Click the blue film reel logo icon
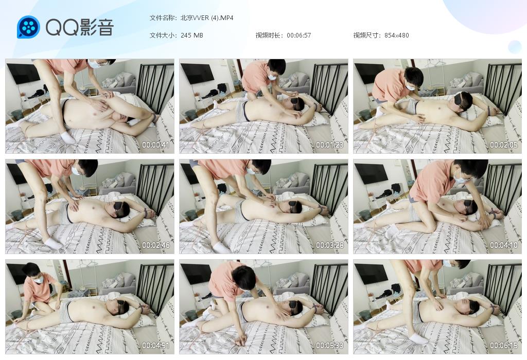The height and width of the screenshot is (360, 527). tap(29, 27)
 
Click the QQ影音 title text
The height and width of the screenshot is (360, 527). tap(80, 27)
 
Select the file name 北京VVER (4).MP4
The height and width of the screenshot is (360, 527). tap(207, 18)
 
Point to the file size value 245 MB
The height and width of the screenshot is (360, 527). tap(191, 35)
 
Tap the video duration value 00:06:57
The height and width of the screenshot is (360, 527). tap(299, 35)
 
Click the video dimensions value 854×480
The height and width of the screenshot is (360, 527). tap(397, 35)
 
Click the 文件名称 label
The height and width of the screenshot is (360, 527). tap(163, 18)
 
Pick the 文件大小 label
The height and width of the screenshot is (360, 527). tap(163, 35)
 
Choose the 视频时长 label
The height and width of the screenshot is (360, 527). tap(269, 35)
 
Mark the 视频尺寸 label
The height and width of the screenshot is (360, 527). tap(367, 35)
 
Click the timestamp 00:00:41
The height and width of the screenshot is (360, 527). tap(155, 145)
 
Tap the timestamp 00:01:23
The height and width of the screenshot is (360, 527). tap(330, 145)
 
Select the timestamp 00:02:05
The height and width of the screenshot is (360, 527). tap(503, 145)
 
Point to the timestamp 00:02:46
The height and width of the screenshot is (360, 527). tap(155, 245)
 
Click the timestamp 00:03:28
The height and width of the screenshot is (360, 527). tap(330, 245)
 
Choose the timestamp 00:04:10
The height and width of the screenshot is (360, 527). tap(503, 245)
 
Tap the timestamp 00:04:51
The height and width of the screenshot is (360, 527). tap(155, 345)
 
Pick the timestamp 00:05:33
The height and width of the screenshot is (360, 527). tap(330, 345)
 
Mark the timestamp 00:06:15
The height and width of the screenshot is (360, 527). tap(503, 345)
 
